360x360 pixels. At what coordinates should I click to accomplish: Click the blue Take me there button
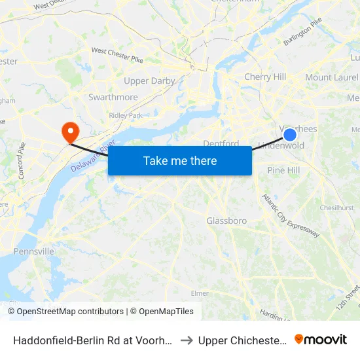(180, 160)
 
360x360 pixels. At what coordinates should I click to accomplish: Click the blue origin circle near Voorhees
(289, 135)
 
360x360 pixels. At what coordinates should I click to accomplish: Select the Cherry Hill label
(265, 77)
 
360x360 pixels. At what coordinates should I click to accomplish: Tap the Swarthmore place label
(113, 97)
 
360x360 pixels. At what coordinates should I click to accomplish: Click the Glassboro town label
(226, 221)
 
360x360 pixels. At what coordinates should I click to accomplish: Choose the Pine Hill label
(283, 170)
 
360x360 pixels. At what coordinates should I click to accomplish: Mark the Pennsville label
(34, 251)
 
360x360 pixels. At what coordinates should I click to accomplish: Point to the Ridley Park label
(126, 115)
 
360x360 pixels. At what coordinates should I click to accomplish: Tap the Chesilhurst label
(337, 207)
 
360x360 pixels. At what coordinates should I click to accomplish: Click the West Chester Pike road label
(117, 51)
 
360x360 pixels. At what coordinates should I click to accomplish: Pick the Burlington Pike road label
(302, 32)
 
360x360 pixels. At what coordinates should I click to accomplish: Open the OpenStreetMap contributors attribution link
(65, 312)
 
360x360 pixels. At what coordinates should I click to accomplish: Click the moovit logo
(320, 339)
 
